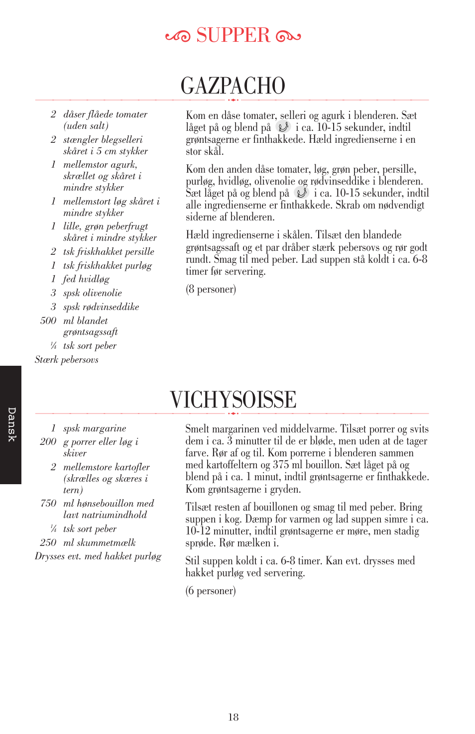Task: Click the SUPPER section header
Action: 233,35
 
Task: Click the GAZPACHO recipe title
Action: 233,86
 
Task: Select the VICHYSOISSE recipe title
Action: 233,400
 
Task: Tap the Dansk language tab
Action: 11,424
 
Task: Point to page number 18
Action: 233,717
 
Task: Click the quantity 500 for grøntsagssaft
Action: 48,320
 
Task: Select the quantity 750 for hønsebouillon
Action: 48,503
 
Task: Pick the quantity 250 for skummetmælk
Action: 48,542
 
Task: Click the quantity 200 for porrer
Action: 48,441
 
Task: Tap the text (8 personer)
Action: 211,289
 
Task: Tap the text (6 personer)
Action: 211,591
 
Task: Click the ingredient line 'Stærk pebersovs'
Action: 66,359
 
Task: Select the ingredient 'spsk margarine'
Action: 95,428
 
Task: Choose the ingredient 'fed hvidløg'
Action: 86,279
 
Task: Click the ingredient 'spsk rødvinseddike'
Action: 101,307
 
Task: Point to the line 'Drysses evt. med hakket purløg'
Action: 98,556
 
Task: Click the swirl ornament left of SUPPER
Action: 178,36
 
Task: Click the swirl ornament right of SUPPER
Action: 288,36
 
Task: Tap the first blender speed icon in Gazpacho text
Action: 283,127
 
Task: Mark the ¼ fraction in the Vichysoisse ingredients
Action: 53,528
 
